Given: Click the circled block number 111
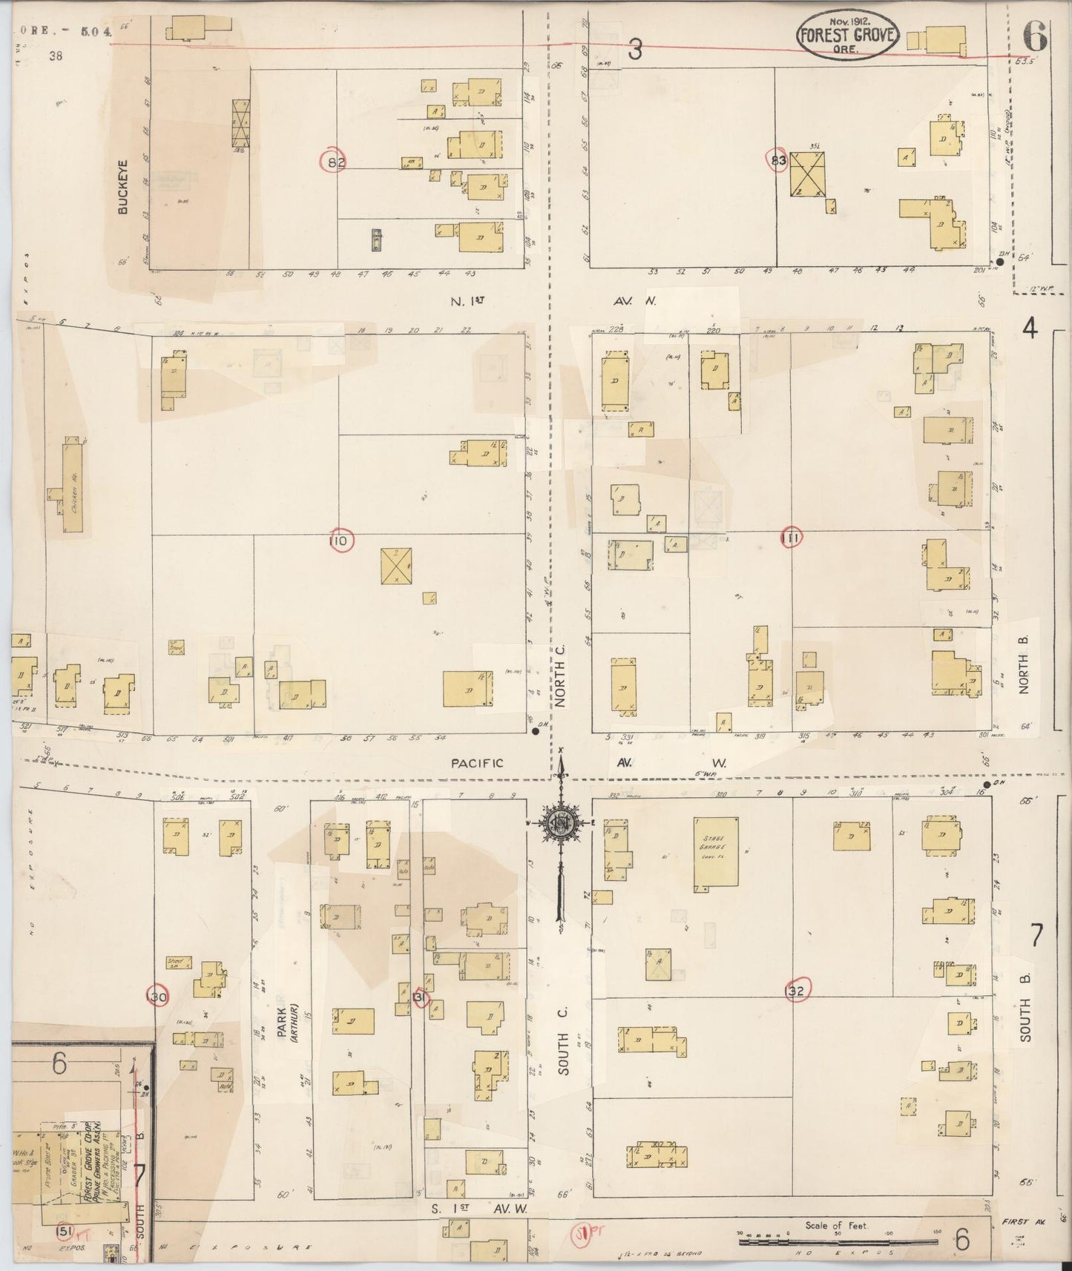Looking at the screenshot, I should (792, 540).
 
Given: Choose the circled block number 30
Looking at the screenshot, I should (157, 997).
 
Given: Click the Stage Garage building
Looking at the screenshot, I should (716, 854).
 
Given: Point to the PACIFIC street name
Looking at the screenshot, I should (478, 762).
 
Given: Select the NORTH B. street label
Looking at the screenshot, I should (1024, 664).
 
